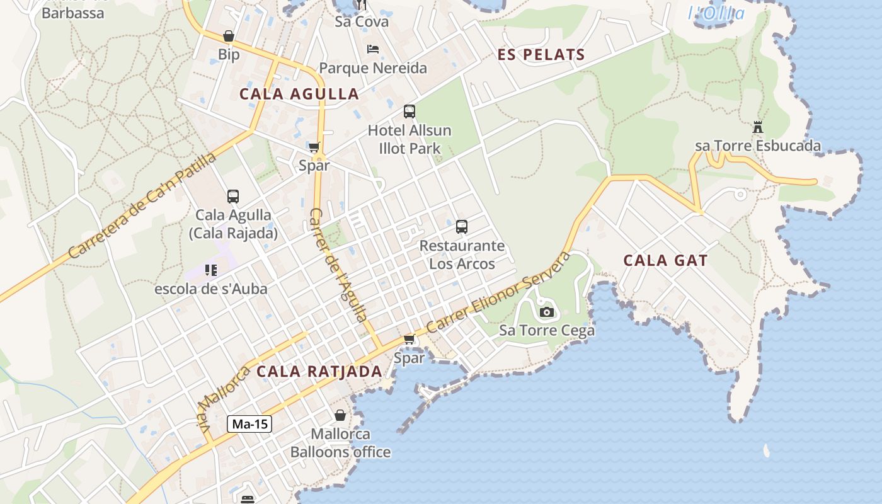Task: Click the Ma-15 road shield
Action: point(249,424)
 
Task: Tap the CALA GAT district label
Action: point(665,260)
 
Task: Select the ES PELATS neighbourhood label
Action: point(541,55)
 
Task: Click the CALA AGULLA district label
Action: point(299,94)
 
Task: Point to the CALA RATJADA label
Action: point(319,371)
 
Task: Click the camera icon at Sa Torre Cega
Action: point(546,312)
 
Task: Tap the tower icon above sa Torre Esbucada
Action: point(758,127)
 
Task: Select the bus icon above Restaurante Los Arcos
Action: point(462,227)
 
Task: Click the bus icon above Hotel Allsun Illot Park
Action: point(409,112)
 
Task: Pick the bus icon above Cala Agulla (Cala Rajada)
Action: point(233,196)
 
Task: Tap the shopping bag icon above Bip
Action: point(229,37)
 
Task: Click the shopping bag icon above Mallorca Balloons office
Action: point(340,415)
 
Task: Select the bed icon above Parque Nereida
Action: point(373,49)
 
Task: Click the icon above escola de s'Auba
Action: point(211,270)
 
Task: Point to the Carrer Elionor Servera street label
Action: point(498,293)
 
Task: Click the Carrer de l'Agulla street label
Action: point(338,265)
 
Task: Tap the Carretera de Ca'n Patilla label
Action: point(142,205)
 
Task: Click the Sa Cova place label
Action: point(362,22)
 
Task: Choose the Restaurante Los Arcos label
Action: point(462,255)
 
